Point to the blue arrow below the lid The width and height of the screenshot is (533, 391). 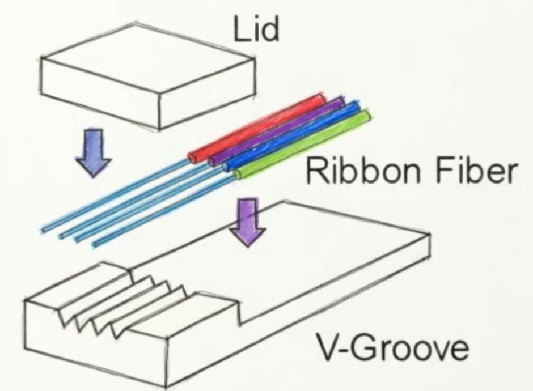click(x=94, y=152)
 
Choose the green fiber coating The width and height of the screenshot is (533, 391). click(x=303, y=144)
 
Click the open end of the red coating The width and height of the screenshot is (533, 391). click(x=193, y=158)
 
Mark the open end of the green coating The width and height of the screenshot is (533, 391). click(x=238, y=175)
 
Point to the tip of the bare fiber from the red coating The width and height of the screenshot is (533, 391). click(x=44, y=230)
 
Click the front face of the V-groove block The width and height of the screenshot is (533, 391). click(x=96, y=343)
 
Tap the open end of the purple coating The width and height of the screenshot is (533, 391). click(x=212, y=161)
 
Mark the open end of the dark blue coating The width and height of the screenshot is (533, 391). click(x=227, y=166)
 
